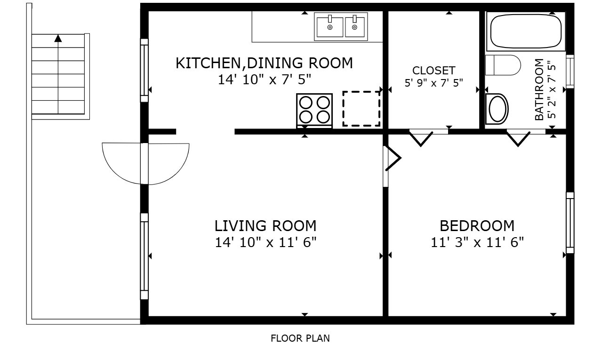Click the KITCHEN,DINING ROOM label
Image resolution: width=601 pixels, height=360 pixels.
pyautogui.click(x=264, y=63)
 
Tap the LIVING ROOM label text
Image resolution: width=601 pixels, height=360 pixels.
pyautogui.click(x=265, y=226)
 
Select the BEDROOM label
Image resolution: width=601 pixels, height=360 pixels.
pyautogui.click(x=477, y=226)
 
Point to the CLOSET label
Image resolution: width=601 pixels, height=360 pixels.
pyautogui.click(x=433, y=71)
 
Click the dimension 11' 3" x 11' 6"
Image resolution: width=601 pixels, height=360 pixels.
pyautogui.click(x=477, y=242)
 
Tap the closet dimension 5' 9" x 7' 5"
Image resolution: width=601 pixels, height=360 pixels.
pyautogui.click(x=433, y=83)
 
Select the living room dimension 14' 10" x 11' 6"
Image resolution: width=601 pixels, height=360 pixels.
pyautogui.click(x=265, y=242)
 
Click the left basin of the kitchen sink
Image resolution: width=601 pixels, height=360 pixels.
pyautogui.click(x=329, y=27)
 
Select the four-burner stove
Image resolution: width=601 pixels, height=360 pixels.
pyautogui.click(x=314, y=110)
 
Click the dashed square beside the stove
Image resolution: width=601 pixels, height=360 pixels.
pyautogui.click(x=361, y=109)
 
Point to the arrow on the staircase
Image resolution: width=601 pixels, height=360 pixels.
pyautogui.click(x=58, y=39)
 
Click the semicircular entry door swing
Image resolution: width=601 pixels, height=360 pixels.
pyautogui.click(x=145, y=163)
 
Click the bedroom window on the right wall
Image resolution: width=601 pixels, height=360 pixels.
pyautogui.click(x=570, y=223)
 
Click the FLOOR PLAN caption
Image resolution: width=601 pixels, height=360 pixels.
pyautogui.click(x=300, y=338)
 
